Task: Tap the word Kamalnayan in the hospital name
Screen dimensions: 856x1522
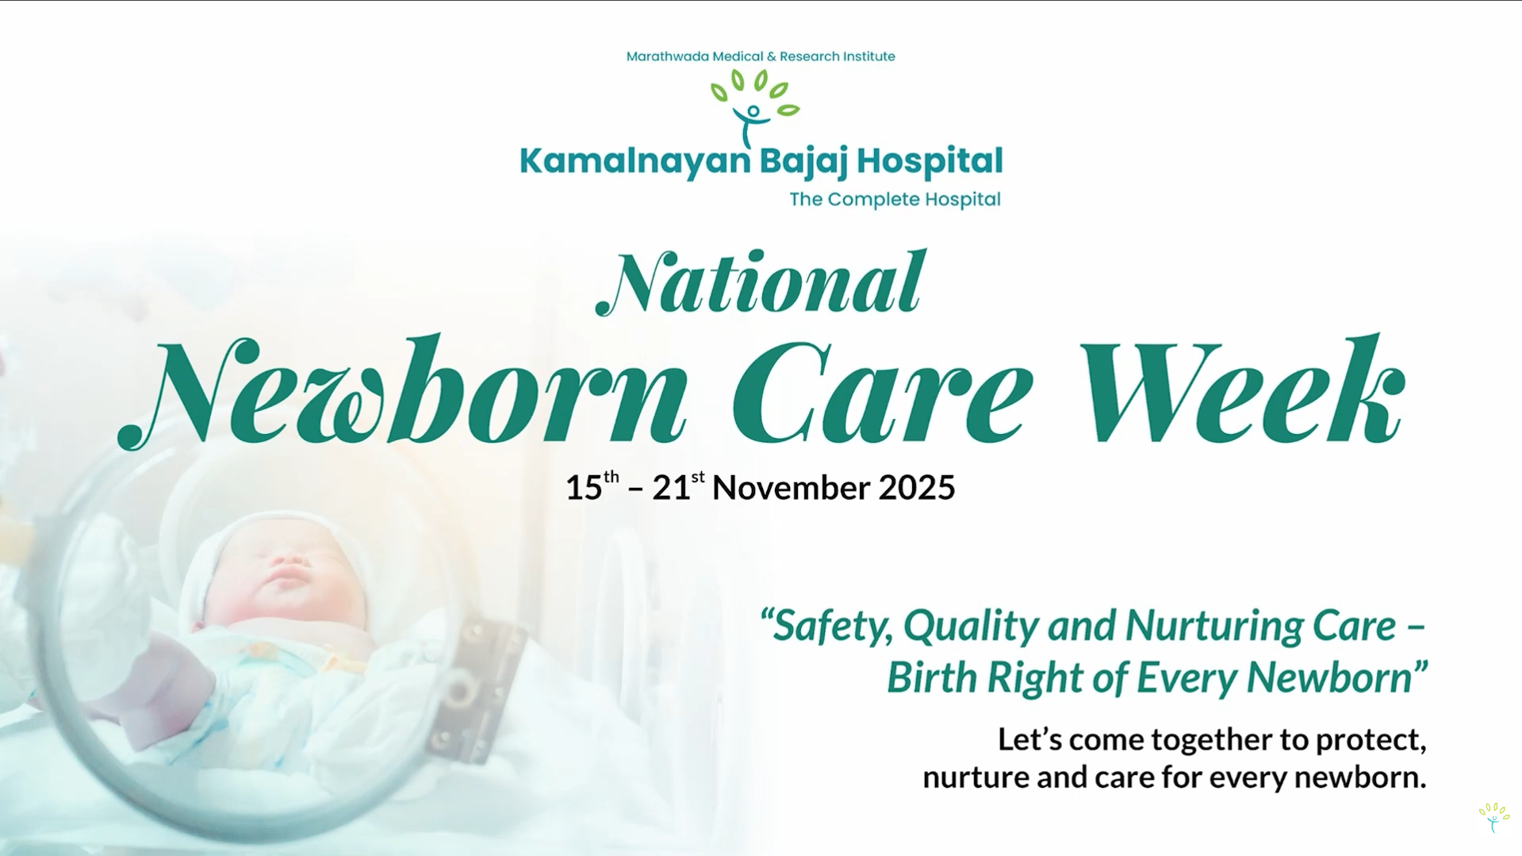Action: (634, 162)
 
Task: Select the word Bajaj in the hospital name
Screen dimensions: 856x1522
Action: (803, 162)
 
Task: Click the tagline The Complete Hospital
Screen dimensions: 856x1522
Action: (895, 199)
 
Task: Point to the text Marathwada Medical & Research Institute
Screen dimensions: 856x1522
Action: (761, 56)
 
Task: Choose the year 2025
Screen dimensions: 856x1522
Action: (916, 487)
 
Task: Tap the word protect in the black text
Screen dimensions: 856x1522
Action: (1371, 740)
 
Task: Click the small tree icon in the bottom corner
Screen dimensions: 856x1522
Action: (1493, 816)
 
